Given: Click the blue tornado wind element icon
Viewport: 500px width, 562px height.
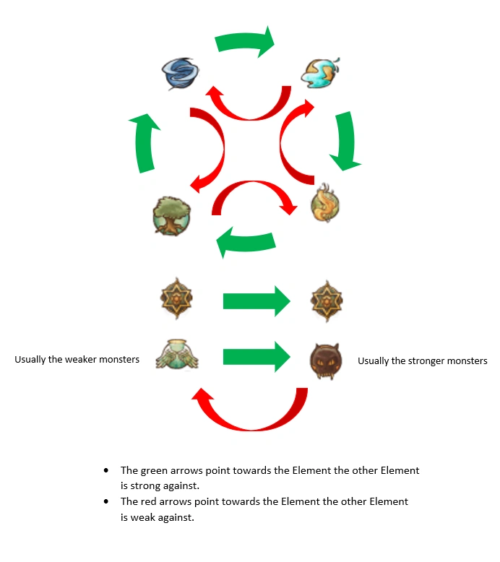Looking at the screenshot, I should pyautogui.click(x=180, y=73).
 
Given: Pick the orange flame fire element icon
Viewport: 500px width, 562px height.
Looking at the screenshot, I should pyautogui.click(x=325, y=204).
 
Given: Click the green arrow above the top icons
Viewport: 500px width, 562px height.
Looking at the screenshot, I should pyautogui.click(x=246, y=43).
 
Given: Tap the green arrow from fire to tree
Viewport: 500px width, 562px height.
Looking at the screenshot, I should pyautogui.click(x=246, y=243).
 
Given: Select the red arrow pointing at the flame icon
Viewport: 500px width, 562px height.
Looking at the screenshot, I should pyautogui.click(x=250, y=196).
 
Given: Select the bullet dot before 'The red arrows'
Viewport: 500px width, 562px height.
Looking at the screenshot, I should pyautogui.click(x=107, y=501).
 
